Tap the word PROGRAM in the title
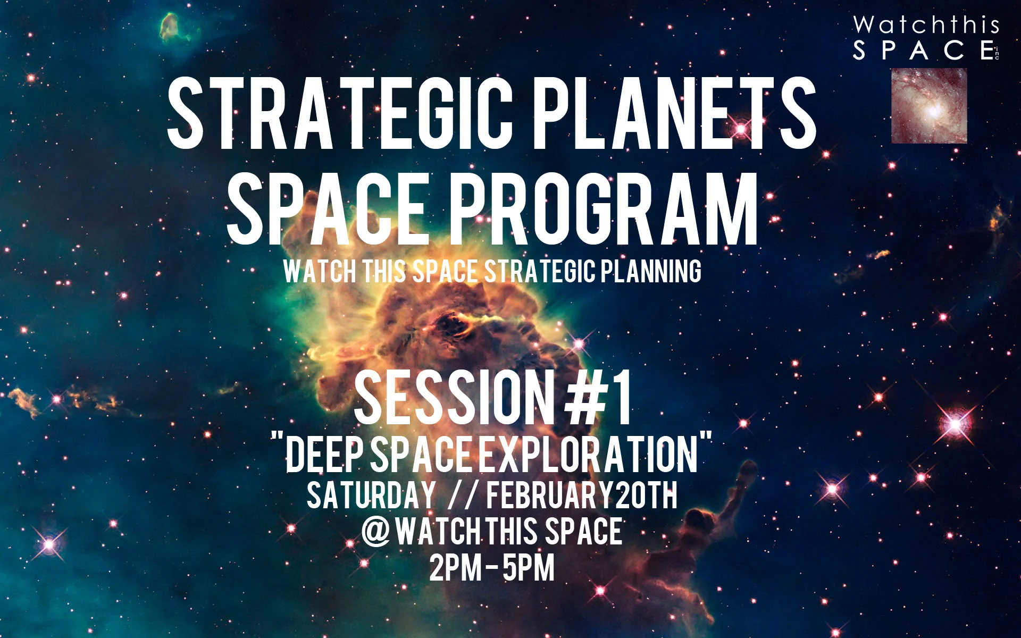coord(604,209)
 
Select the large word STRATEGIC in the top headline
coord(340,113)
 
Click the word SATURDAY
coord(371,496)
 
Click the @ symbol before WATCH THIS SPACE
coord(376,531)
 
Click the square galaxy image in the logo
coord(929,106)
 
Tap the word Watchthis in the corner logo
coord(926,25)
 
